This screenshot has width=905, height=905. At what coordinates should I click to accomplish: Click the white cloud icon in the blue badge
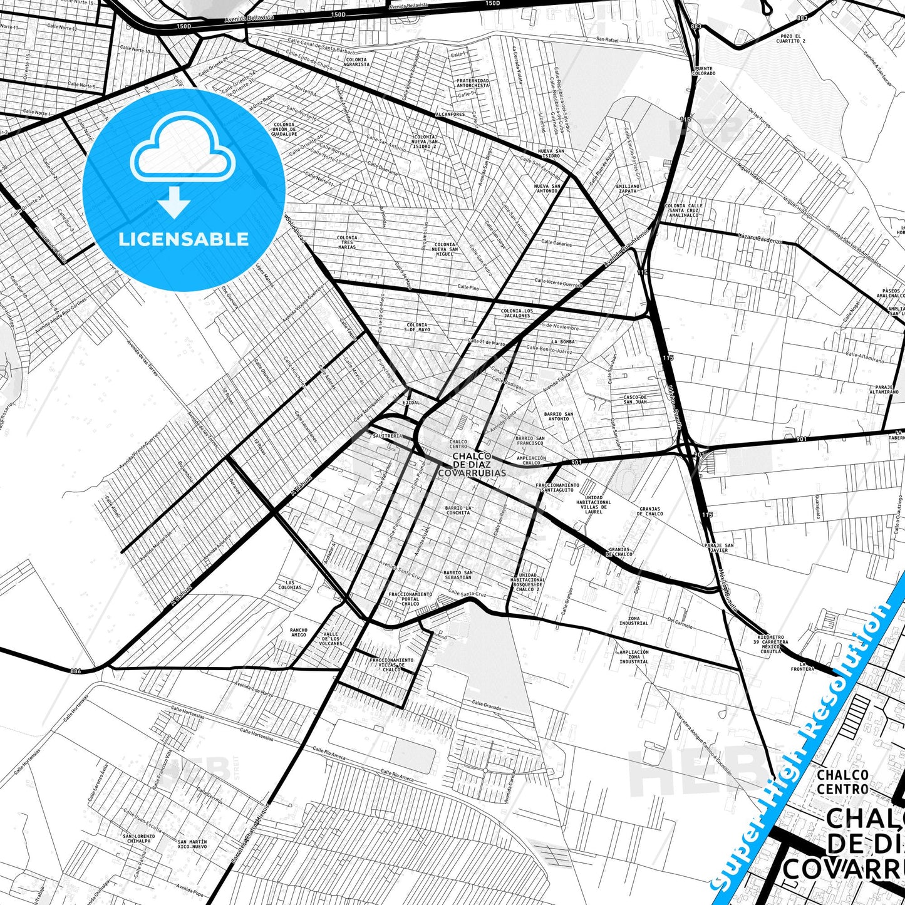tap(183, 151)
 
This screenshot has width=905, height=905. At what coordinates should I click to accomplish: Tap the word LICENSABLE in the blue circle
tap(184, 239)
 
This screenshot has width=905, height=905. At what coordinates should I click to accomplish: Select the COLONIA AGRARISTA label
tap(356, 62)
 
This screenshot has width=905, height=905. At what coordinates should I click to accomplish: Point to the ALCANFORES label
tap(450, 115)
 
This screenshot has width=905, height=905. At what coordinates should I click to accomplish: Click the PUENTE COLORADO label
tap(703, 71)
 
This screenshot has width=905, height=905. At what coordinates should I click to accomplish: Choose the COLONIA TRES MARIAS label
tap(346, 242)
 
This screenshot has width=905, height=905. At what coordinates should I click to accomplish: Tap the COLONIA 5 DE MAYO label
tap(417, 327)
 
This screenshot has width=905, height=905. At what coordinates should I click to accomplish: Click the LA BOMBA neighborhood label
tap(563, 342)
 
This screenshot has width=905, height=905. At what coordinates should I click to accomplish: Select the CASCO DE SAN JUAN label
tap(635, 400)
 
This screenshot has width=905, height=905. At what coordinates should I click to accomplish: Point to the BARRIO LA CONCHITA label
tap(458, 510)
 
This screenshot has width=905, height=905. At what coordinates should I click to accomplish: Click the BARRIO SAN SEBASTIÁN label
tap(458, 575)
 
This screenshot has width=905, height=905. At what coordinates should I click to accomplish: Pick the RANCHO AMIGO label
tap(299, 633)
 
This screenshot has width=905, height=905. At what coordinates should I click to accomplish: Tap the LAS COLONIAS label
tap(289, 585)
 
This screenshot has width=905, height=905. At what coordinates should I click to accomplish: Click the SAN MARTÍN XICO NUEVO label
tap(192, 844)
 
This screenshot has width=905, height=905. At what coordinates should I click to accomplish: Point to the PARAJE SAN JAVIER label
tap(719, 547)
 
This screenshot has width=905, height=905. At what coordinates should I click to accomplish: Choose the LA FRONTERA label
tap(803, 666)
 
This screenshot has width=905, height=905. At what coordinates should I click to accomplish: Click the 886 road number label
tap(76, 671)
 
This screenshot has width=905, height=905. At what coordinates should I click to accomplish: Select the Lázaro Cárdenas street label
tap(760, 239)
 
